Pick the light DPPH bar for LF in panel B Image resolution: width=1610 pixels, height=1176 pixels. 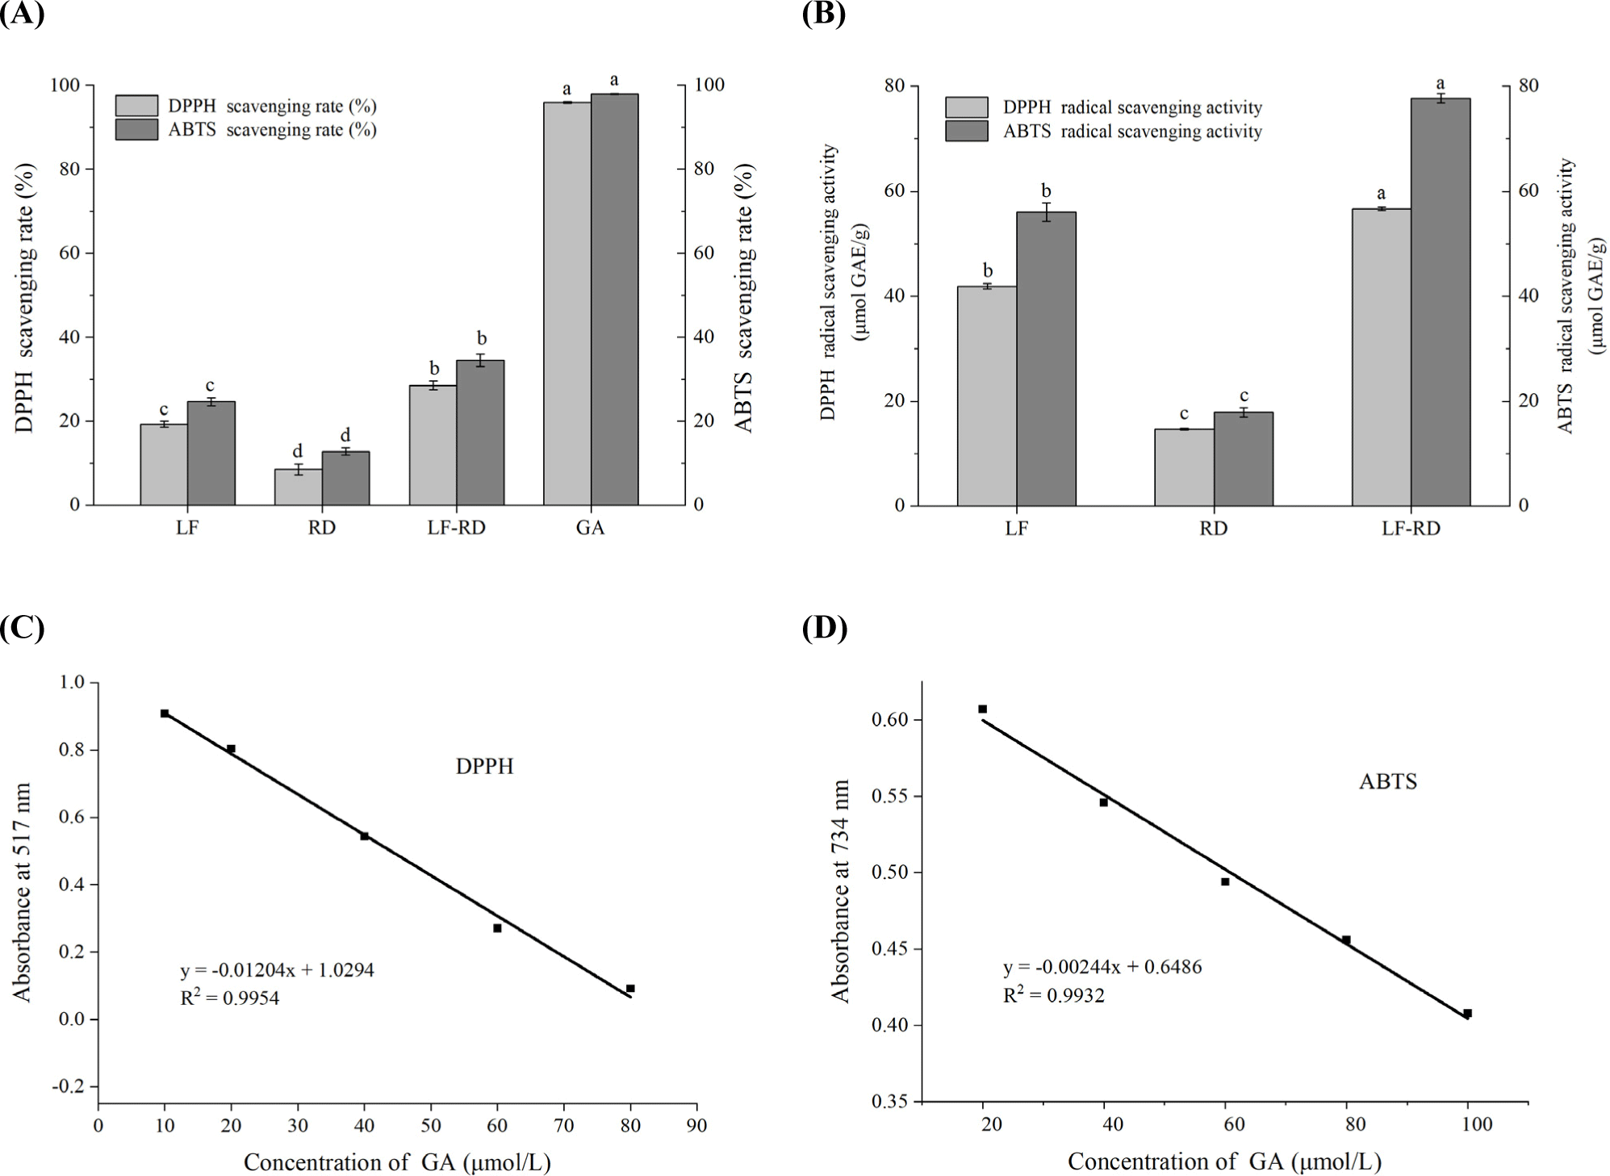tap(986, 395)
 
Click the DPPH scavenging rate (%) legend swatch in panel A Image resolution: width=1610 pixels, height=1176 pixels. tap(136, 106)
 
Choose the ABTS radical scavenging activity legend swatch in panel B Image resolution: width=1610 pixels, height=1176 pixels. tap(966, 131)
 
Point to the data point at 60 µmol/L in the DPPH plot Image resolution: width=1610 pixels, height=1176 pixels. tap(497, 928)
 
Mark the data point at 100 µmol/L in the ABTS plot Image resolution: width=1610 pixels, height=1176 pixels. tap(1467, 1013)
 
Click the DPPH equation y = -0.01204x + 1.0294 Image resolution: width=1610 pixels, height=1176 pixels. tap(277, 969)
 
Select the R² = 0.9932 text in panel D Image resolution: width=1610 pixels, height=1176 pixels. tap(1053, 995)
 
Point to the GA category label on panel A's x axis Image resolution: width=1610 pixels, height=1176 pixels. tap(590, 528)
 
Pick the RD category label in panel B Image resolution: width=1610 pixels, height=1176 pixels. tap(1213, 529)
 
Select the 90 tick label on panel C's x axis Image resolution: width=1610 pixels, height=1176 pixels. tap(696, 1125)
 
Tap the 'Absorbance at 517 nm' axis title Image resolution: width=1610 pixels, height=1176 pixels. tap(23, 892)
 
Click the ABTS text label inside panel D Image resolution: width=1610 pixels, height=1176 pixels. tap(1387, 781)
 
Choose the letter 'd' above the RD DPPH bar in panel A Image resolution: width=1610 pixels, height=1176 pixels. tap(298, 450)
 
